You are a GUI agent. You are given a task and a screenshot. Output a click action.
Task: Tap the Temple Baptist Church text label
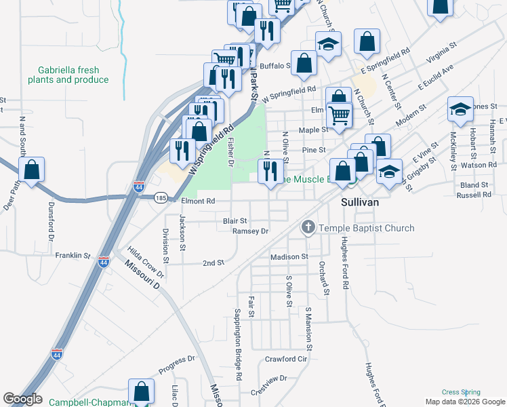click(366, 228)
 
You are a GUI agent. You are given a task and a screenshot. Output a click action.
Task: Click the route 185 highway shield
click(160, 198)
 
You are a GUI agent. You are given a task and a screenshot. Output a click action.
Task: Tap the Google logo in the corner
click(22, 399)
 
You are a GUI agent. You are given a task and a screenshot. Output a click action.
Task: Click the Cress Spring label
click(461, 392)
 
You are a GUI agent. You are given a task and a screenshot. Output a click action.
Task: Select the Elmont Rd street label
click(197, 201)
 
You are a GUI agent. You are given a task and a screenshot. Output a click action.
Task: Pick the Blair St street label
click(235, 221)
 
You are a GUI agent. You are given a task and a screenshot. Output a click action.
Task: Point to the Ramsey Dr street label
click(251, 231)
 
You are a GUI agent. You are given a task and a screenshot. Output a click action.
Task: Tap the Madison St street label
click(289, 257)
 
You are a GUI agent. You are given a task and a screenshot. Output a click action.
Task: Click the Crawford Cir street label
click(286, 359)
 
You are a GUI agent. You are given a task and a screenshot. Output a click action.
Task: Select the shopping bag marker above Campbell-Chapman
click(141, 391)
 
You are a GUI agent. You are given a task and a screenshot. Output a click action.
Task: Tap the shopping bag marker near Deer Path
click(32, 170)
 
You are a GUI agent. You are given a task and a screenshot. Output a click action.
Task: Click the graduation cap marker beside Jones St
click(460, 111)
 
